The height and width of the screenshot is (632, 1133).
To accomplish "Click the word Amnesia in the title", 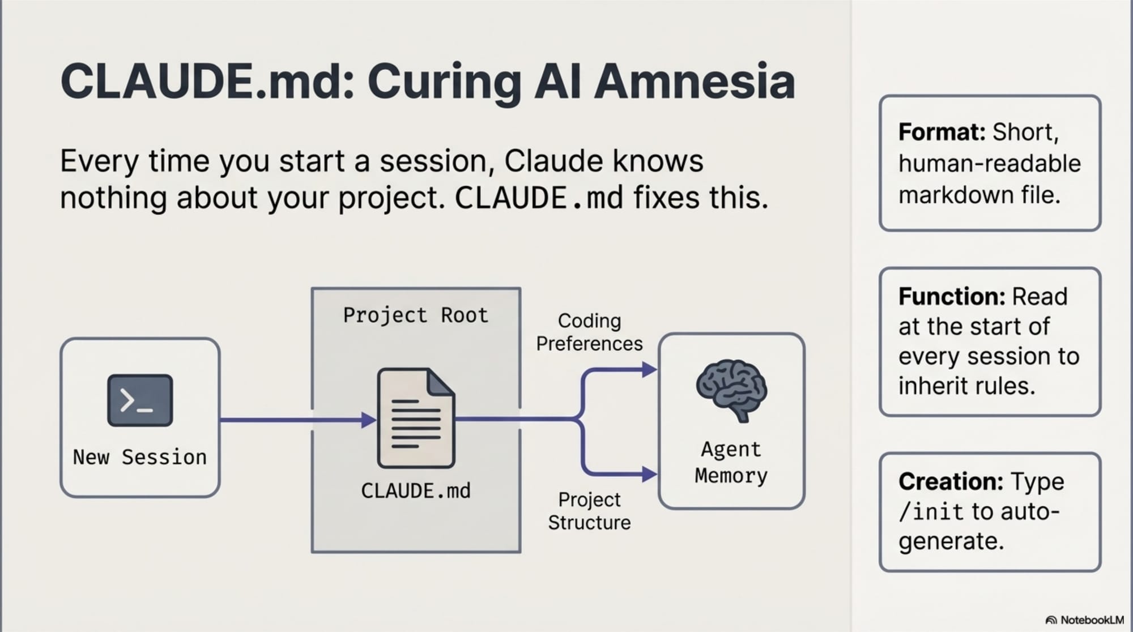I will [694, 82].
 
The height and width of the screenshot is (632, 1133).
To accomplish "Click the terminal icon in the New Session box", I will [140, 400].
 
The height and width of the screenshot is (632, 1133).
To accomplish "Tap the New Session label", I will [140, 457].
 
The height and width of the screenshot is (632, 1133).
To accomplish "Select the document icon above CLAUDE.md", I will [416, 418].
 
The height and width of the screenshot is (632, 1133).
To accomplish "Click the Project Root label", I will [416, 315].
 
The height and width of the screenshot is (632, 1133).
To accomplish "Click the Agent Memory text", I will [731, 463].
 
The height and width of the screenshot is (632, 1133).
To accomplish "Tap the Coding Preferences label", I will [589, 332].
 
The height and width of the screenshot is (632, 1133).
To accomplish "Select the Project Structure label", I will [589, 511].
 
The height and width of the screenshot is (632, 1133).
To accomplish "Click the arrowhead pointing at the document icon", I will [369, 420].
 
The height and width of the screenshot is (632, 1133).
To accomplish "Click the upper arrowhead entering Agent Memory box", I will [649, 370].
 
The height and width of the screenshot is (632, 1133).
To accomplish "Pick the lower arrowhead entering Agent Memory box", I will [649, 474].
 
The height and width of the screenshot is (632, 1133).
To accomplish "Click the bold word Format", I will [942, 133].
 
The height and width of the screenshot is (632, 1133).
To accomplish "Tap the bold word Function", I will [952, 297].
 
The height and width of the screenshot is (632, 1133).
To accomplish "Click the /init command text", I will [931, 512].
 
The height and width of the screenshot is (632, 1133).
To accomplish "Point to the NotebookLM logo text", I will [1092, 620].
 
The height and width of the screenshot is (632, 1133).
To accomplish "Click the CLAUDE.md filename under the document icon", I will [416, 491].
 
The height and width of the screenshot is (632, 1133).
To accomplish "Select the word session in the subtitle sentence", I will [433, 161].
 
